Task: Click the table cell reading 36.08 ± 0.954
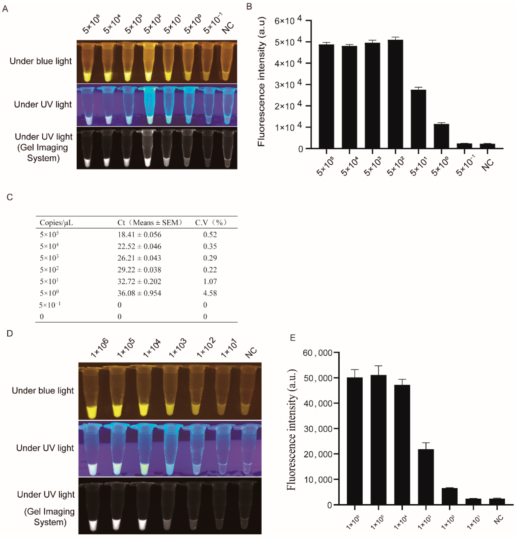pyautogui.click(x=139, y=293)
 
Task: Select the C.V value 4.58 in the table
pyautogui.click(x=210, y=293)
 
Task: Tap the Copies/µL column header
pyautogui.click(x=56, y=222)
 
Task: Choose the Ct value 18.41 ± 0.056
pyautogui.click(x=139, y=235)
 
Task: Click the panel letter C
pyautogui.click(x=10, y=197)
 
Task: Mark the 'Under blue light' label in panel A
pyautogui.click(x=41, y=61)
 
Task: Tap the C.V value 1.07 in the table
pyautogui.click(x=210, y=281)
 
